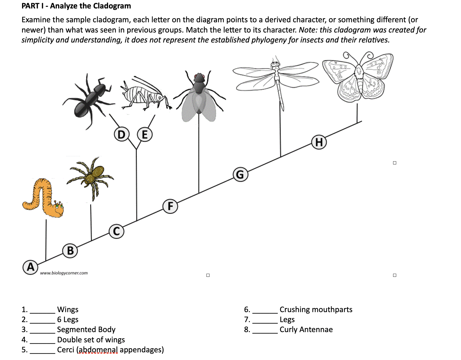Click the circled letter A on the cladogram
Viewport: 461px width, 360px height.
point(30,267)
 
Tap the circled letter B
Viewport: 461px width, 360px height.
point(70,251)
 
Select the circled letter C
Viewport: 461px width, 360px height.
point(116,231)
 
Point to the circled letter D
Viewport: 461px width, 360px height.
point(121,135)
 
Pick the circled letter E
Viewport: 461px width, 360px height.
point(145,135)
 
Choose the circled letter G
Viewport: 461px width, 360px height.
point(240,175)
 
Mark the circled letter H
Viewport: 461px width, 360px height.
point(319,142)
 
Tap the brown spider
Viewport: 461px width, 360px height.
point(91,177)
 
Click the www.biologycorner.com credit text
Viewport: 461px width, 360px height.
point(64,273)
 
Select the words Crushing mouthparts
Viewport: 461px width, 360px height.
point(316,310)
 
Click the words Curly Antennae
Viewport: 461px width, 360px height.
point(306,330)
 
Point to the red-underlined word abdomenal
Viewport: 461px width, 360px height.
point(98,350)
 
